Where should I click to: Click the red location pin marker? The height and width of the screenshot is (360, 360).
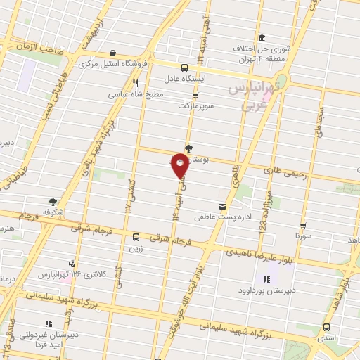(180, 167)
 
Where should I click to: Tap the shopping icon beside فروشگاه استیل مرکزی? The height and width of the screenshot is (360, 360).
(112, 52)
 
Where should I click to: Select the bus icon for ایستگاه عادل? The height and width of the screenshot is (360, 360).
(184, 68)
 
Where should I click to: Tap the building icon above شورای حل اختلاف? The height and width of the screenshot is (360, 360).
(262, 37)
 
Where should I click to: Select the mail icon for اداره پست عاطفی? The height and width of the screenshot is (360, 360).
(223, 206)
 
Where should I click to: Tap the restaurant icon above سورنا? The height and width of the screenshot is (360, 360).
(304, 226)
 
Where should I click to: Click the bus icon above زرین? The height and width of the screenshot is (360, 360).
(136, 238)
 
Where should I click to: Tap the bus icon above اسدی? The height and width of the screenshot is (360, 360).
(326, 327)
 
